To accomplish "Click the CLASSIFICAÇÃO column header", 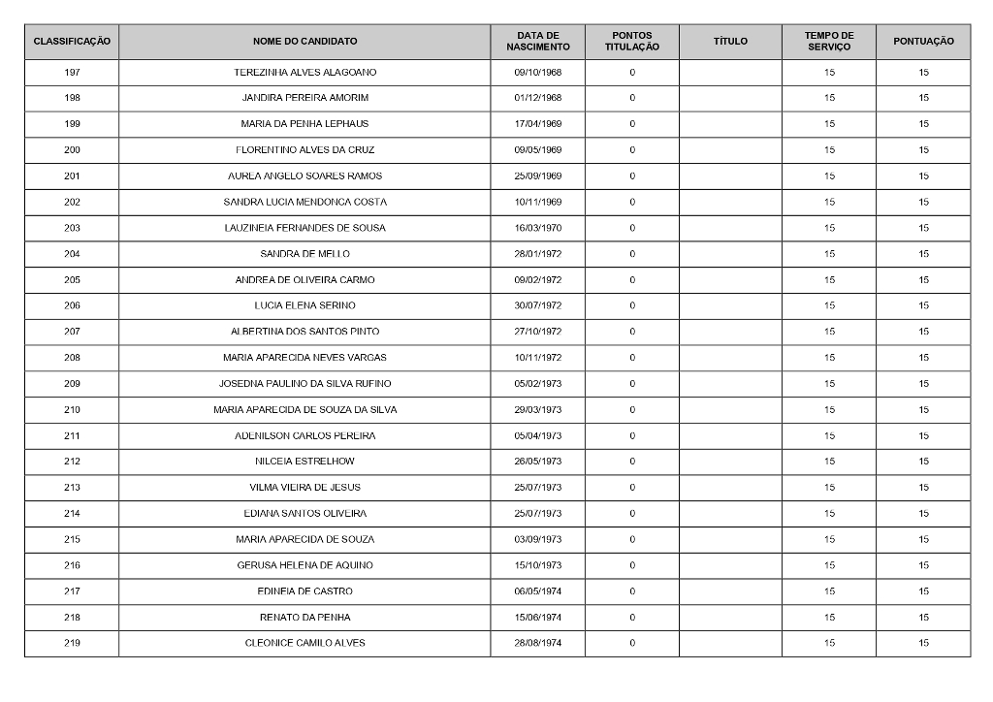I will click(x=72, y=42).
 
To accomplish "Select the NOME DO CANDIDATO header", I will click(x=304, y=42).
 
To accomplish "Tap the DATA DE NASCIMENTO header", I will click(x=537, y=42).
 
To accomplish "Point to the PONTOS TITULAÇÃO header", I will click(x=632, y=42).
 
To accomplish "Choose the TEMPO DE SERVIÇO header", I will click(x=829, y=42).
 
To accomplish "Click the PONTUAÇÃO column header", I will click(x=923, y=42).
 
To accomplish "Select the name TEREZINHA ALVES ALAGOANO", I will click(x=304, y=73).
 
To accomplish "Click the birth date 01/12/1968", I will click(x=537, y=98).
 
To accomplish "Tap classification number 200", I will click(x=72, y=150).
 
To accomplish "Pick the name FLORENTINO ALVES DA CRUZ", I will click(x=304, y=150).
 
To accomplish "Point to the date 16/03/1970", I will click(x=537, y=228).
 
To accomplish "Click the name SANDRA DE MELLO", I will click(x=304, y=254).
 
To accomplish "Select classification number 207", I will click(x=72, y=332).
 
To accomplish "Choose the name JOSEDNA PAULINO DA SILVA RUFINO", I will click(x=304, y=384).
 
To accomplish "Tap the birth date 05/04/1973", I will click(x=537, y=435).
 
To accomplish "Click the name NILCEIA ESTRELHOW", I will click(x=304, y=462).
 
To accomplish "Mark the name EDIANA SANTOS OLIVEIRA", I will click(x=304, y=513).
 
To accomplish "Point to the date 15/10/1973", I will click(x=537, y=565).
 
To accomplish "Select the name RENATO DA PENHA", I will click(x=304, y=617).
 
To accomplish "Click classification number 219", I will click(x=72, y=643).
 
